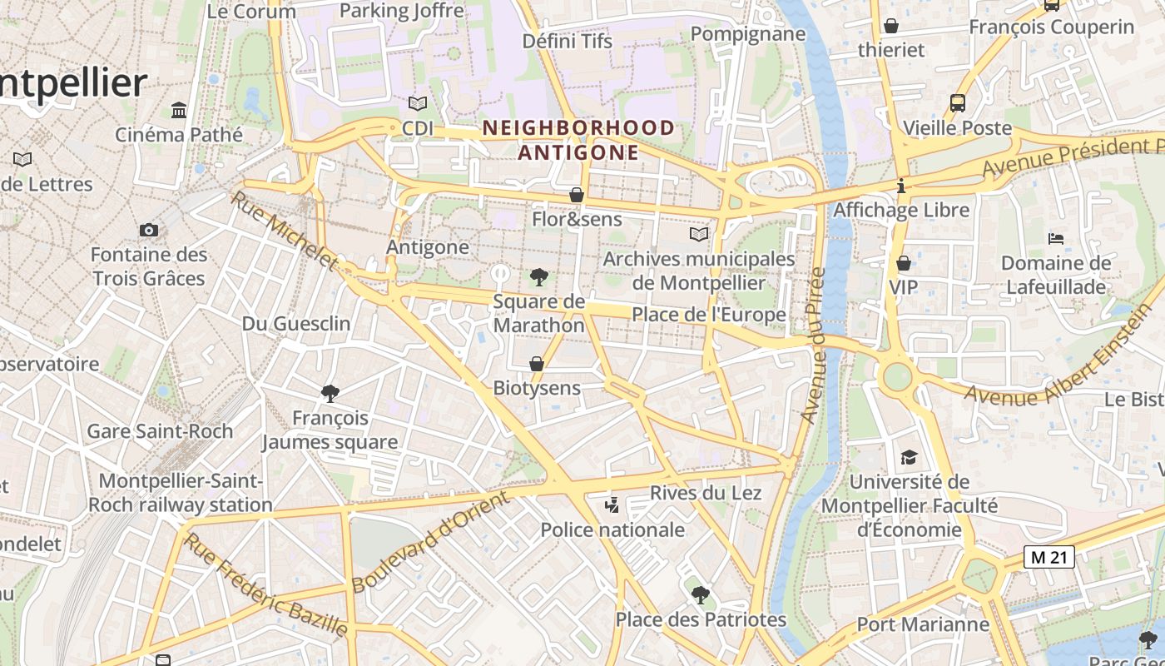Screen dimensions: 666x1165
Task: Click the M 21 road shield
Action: [1048, 558]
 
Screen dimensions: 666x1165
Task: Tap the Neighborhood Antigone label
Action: [578, 140]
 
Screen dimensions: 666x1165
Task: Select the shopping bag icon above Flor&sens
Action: [576, 196]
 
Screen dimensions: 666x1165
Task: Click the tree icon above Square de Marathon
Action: [538, 277]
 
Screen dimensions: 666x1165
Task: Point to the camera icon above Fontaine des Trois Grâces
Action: [149, 230]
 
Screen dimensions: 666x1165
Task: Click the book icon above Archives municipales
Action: [699, 235]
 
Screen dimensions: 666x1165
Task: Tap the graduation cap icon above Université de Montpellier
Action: [909, 457]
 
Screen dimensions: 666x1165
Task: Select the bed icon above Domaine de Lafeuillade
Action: [1056, 239]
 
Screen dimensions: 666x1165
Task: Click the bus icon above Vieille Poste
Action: [958, 103]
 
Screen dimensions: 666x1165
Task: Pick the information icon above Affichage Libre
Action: [901, 186]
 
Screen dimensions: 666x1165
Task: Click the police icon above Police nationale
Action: [612, 504]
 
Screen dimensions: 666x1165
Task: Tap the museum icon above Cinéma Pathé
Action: [178, 110]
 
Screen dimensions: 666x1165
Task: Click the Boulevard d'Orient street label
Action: [430, 542]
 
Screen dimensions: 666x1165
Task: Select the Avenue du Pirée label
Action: [812, 345]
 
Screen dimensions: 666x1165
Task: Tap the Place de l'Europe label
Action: [708, 315]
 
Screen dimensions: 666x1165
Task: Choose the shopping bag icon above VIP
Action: [903, 264]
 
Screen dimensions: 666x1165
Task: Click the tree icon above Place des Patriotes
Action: [700, 594]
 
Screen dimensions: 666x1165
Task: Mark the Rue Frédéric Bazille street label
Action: [265, 585]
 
